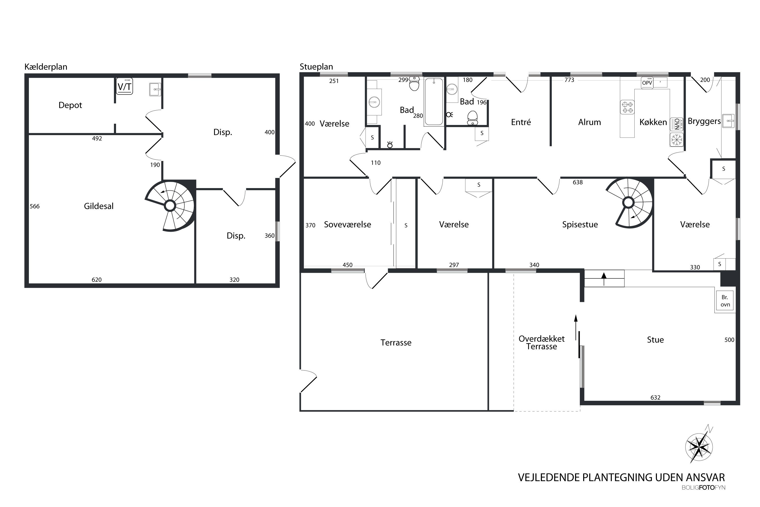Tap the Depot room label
(x=70, y=105)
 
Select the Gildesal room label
(x=99, y=206)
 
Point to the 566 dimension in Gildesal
(x=34, y=206)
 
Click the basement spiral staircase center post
(x=170, y=205)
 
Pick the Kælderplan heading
(x=46, y=67)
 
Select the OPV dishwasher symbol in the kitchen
(x=647, y=83)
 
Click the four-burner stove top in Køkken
(x=627, y=107)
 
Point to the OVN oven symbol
(x=677, y=124)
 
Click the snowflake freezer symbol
(x=677, y=140)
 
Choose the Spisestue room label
(x=580, y=225)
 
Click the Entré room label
(x=521, y=122)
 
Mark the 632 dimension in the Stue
(x=655, y=397)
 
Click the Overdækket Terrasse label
(x=542, y=342)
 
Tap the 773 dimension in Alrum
(x=569, y=80)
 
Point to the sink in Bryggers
(x=728, y=121)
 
